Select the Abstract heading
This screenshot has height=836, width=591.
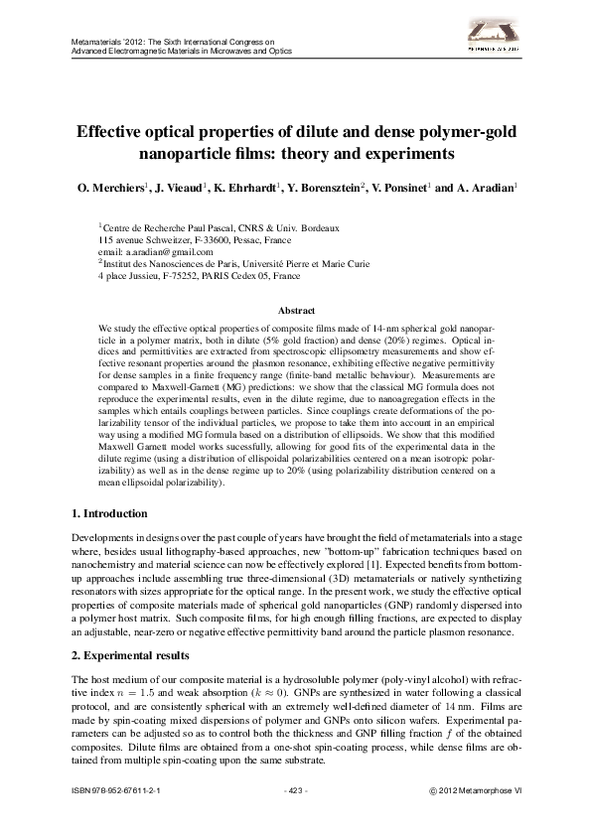[x=295, y=311]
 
